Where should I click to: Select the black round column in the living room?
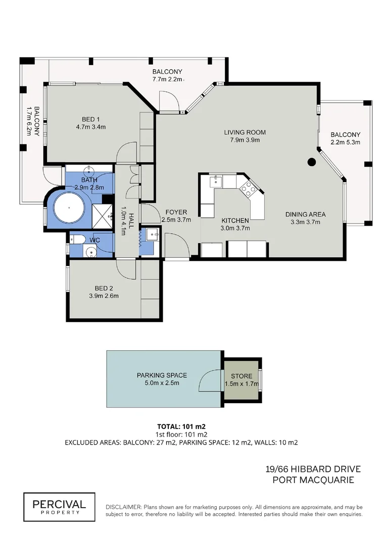312,162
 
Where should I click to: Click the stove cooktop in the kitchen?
249,189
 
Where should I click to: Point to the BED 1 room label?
91,119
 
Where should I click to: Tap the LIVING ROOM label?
245,133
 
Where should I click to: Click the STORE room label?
242,376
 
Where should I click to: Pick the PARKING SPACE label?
162,375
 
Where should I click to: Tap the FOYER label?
176,212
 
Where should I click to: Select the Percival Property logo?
59,506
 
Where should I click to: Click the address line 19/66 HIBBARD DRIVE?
313,469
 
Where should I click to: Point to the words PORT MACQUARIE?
313,480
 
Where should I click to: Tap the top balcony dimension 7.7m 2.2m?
168,79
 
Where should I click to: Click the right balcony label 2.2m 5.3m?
346,143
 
